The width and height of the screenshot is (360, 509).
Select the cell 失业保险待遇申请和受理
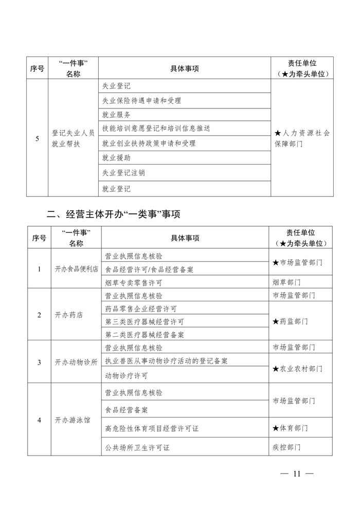[x=142, y=101]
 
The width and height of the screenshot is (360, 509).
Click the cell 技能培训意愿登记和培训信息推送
[x=156, y=128]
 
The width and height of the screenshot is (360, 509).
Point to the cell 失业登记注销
[x=123, y=173]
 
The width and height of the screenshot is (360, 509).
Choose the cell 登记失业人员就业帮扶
[x=73, y=138]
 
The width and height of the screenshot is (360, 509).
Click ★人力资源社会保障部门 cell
[x=302, y=138]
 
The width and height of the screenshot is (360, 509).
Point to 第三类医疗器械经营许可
[x=145, y=322]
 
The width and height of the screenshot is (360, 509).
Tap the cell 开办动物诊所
[x=76, y=362]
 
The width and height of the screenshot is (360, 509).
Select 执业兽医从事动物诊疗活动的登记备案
[x=166, y=361]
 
